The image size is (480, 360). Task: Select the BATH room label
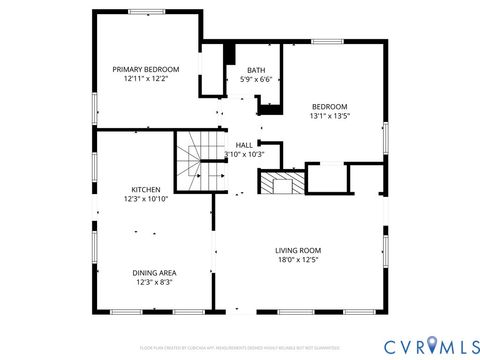256,70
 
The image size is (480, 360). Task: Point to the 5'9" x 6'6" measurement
256,79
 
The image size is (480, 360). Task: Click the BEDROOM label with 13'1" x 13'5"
329,106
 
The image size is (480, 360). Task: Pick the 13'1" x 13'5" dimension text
329,115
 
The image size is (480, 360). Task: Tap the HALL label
244,144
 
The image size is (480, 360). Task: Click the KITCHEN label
146,189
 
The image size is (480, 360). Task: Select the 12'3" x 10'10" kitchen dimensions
146,198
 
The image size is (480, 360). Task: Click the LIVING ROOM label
298,250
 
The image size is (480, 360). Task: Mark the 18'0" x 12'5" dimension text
298,259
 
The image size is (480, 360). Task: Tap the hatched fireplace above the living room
279,182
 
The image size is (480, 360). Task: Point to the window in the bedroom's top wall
326,42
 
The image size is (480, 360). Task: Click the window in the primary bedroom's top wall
143,13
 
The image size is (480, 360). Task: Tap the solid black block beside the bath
229,54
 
